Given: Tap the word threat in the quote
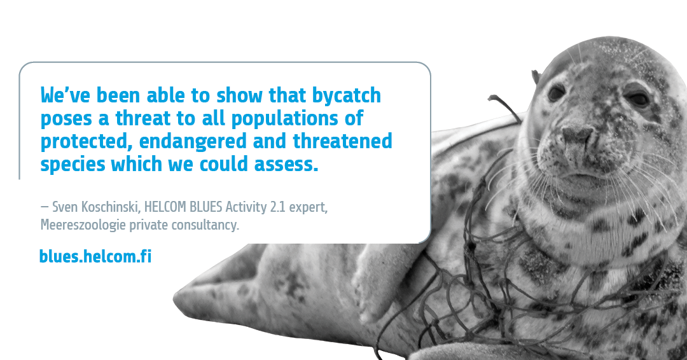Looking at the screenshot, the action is [x=143, y=118].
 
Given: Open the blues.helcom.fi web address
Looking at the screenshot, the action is [x=95, y=256].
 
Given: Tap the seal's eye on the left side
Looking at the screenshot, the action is [x=555, y=93].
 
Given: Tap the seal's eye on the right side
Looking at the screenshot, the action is [x=637, y=99].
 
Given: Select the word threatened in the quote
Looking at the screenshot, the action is [x=343, y=141].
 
